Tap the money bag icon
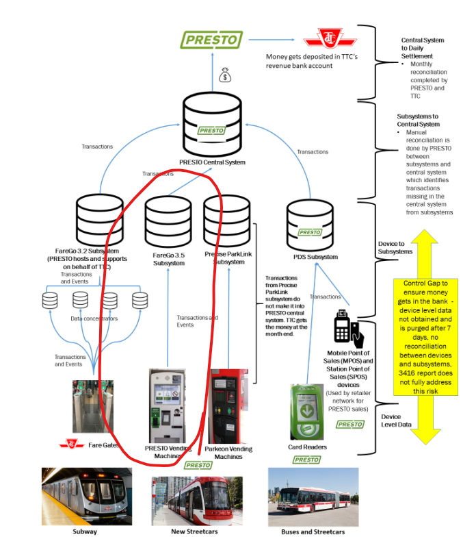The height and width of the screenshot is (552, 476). pyautogui.click(x=225, y=75)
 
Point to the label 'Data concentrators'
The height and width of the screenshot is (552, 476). pyautogui.click(x=94, y=318)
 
